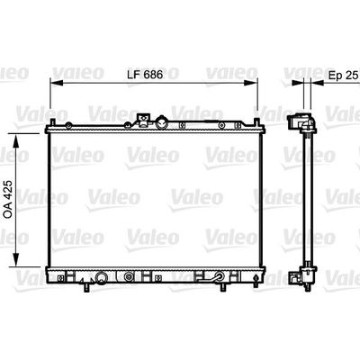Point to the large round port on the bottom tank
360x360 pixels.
coord(102,278)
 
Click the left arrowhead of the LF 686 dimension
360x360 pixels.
coord(51,84)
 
